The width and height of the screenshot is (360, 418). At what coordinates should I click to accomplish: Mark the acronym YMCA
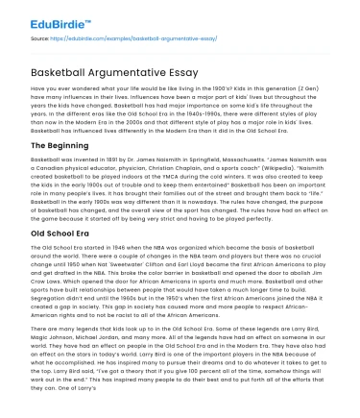[x=190, y=176]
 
